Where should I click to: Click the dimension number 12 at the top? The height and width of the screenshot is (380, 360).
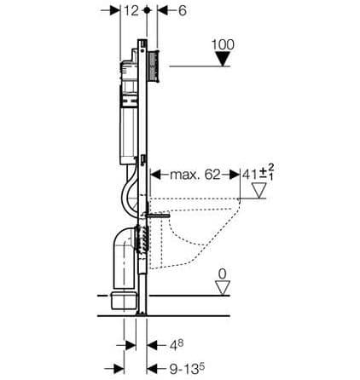point(131,11)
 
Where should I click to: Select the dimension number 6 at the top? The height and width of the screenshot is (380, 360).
point(182,11)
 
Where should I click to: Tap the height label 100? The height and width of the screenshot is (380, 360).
point(223,44)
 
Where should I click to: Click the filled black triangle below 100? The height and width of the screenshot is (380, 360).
point(223,59)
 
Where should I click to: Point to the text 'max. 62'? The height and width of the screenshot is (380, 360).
point(195,175)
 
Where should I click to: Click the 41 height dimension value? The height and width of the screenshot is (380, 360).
point(250,175)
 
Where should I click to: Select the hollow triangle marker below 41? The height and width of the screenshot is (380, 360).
point(259,190)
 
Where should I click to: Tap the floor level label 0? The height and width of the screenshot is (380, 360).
point(223,274)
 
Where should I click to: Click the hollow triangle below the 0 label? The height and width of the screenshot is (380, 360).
point(223,288)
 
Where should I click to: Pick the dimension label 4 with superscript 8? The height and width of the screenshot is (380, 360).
point(177,345)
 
